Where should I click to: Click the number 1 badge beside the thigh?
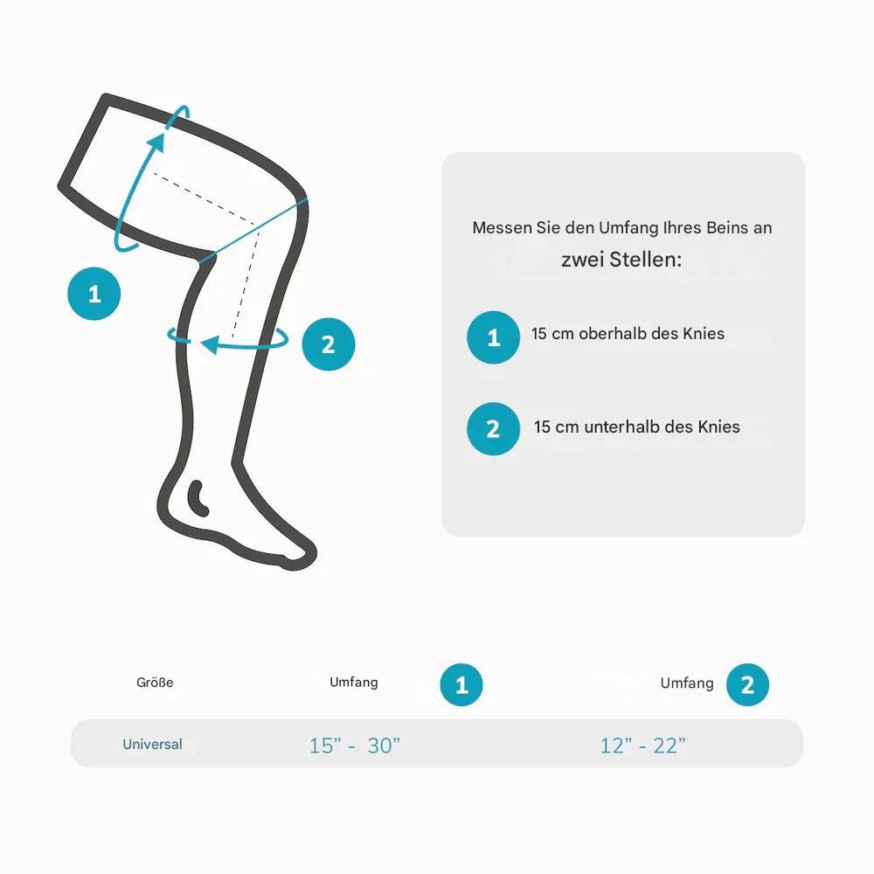point(94,294)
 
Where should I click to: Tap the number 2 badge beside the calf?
point(329,344)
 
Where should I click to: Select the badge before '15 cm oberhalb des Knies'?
point(493,337)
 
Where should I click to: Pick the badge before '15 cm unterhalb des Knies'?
point(493,428)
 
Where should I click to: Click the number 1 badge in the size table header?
point(461,685)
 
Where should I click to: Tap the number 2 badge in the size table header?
point(746,685)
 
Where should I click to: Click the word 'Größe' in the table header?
point(155,683)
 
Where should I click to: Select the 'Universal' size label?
point(152,745)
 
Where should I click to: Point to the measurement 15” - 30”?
point(354,746)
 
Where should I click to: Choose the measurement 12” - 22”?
point(642,746)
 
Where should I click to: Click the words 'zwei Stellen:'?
point(621,260)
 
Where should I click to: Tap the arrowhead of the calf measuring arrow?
point(208,345)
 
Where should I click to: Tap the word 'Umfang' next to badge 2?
point(687,683)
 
